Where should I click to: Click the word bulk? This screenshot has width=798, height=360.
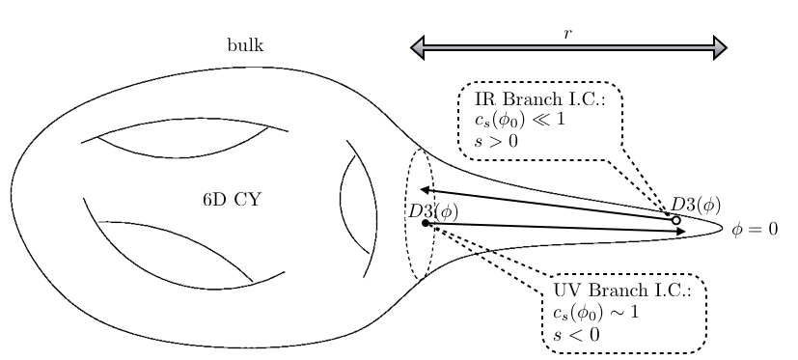click(x=245, y=45)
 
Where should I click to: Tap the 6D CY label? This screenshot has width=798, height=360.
click(x=232, y=200)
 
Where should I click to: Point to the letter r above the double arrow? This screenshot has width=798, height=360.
click(x=568, y=34)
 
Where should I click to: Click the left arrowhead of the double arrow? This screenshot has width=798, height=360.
click(x=419, y=47)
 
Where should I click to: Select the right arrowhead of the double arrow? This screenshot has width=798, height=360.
click(x=719, y=47)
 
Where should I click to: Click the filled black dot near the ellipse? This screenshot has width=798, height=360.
click(x=426, y=224)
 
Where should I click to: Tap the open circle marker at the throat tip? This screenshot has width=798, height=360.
click(x=675, y=221)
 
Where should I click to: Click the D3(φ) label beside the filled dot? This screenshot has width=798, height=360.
click(x=433, y=210)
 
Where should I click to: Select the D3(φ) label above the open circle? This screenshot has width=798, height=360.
click(x=696, y=204)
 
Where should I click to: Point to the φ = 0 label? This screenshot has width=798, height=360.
click(x=755, y=230)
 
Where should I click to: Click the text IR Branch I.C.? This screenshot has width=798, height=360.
click(x=539, y=99)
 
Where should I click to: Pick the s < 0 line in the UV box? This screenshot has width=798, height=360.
click(x=576, y=334)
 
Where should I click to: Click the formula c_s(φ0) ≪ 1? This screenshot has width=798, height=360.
click(x=520, y=120)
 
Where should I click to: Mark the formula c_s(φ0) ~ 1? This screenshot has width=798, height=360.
click(x=596, y=313)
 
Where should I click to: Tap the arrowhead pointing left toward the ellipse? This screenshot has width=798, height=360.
click(x=425, y=190)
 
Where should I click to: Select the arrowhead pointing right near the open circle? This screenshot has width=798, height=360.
click(x=680, y=232)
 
